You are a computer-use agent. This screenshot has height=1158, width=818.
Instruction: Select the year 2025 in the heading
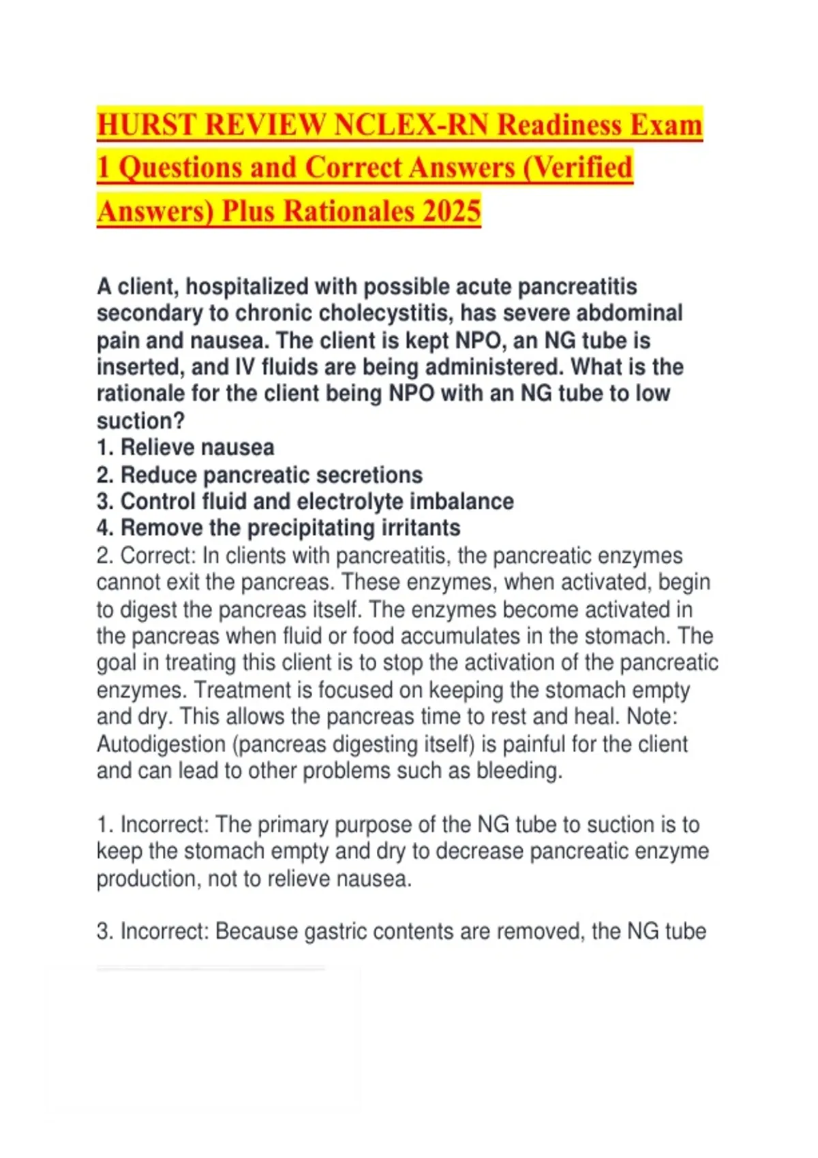point(451,210)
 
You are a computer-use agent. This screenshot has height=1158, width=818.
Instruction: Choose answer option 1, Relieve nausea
point(185,448)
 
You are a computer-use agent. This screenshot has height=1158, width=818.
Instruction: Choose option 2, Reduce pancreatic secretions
point(260,475)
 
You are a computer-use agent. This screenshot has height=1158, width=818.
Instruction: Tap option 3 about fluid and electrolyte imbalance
point(305,501)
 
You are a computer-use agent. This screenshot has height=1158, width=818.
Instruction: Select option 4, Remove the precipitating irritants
point(278,528)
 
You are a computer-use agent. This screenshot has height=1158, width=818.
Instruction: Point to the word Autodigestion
point(161,744)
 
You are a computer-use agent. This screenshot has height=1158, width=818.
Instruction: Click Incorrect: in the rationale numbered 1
point(164,825)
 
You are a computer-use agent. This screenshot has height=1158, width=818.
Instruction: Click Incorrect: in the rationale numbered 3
point(164,932)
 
